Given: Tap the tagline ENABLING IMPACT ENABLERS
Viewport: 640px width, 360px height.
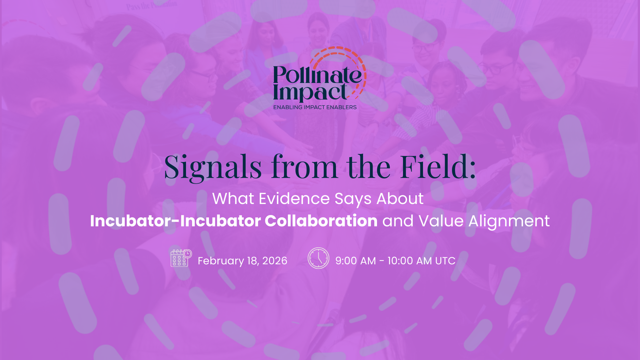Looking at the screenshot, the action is point(315,107).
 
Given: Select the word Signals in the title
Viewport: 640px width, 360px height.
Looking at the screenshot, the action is point(213,168).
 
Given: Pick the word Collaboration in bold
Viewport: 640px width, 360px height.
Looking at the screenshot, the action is point(321,221).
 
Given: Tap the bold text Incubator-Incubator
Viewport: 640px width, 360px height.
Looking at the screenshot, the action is point(176,221).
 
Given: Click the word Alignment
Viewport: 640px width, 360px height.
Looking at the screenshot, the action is point(509,221).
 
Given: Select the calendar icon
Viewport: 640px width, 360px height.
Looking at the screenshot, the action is point(181,258).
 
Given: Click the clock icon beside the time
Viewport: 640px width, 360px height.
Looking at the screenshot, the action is point(318,258).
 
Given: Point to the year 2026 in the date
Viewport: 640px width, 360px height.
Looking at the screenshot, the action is point(275,261).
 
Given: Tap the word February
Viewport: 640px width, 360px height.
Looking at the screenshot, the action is point(221,261).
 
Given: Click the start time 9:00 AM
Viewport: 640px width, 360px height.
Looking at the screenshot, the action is point(356,261).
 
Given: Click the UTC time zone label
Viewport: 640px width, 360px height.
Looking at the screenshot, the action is point(445,261).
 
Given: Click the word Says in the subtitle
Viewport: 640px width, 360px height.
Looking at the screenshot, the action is point(353,199).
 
